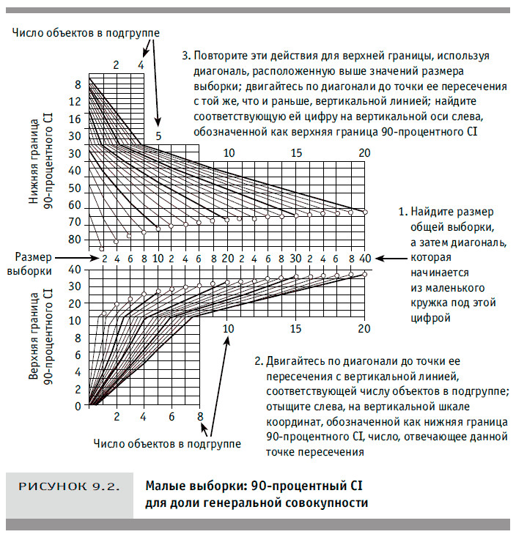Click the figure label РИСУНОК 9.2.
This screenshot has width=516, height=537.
69,486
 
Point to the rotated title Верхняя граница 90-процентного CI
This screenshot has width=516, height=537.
40,333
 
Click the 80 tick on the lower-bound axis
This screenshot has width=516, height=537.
74,240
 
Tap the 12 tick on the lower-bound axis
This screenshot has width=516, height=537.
74,101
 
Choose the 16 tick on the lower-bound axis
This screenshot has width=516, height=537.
74,118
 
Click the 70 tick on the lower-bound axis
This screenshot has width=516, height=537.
74,222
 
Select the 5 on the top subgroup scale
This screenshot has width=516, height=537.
158,136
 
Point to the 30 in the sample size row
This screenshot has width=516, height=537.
295,258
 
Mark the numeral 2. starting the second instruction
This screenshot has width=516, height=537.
258,361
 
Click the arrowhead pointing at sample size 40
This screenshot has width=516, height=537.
378,258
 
